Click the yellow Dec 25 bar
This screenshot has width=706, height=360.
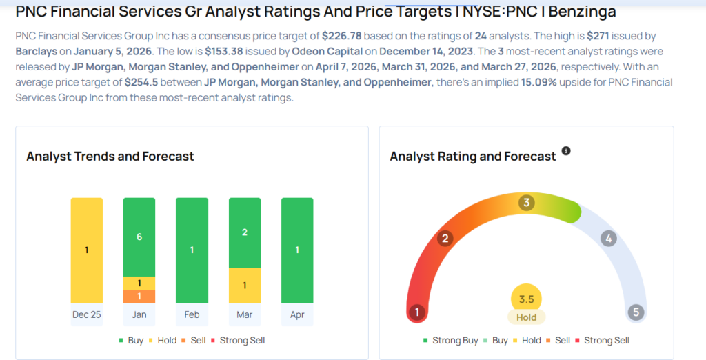[x=87, y=250]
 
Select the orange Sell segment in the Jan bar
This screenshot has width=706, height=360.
[x=139, y=296]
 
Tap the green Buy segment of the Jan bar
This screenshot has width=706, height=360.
[x=139, y=236]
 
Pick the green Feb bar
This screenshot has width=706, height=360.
[x=192, y=250]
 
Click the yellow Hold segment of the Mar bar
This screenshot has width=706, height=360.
[x=245, y=285]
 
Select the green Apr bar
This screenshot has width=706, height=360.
[x=297, y=250]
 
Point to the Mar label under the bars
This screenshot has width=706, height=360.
[x=245, y=314]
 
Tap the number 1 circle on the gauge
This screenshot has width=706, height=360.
[x=416, y=312]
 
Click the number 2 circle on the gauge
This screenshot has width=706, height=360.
[x=445, y=239]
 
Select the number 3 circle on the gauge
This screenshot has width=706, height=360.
[x=527, y=203]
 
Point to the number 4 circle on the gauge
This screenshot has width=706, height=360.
[x=607, y=239]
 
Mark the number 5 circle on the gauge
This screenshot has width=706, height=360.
[x=636, y=312]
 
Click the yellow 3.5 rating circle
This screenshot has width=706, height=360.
[x=527, y=299]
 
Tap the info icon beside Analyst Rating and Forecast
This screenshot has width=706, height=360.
[x=566, y=151]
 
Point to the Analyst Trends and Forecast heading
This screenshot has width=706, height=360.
[x=110, y=157]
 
